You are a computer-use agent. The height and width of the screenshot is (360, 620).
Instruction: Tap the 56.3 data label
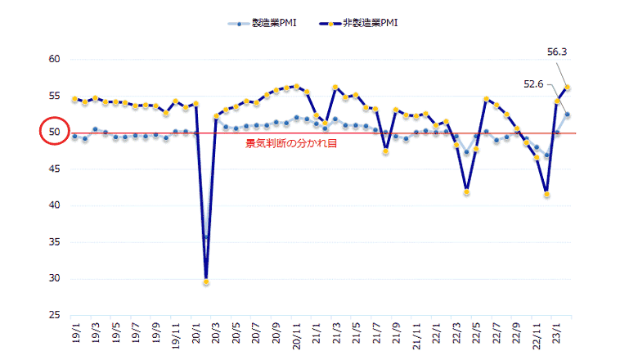tap(557, 52)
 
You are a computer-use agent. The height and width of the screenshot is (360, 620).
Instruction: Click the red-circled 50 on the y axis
tap(55, 132)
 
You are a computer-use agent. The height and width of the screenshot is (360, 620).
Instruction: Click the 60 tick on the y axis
tap(55, 59)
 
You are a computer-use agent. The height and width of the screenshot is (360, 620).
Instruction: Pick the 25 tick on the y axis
tap(55, 315)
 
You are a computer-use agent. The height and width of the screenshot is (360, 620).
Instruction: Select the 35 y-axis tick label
tap(55, 242)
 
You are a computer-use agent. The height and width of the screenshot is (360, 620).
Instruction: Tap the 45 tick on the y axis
tap(55, 169)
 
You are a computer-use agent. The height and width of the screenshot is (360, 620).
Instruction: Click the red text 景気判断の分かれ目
tap(292, 142)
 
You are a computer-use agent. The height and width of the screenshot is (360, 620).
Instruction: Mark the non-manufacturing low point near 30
tap(206, 282)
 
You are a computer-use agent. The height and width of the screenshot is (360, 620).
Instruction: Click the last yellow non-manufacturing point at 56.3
tap(567, 88)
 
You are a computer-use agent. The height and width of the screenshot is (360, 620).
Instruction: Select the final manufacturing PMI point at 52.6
tap(567, 114)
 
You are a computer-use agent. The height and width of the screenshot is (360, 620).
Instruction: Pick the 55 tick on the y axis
tap(55, 96)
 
